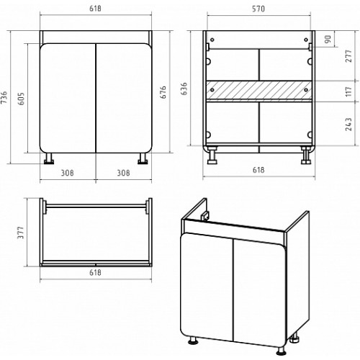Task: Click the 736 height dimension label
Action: point(4,98)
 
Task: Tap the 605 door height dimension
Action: point(22,99)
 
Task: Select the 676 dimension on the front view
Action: point(163,92)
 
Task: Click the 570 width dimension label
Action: point(258,9)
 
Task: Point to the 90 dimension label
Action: point(328,39)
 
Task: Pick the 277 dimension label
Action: point(348,56)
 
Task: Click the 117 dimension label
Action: point(348,91)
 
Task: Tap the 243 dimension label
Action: point(348,125)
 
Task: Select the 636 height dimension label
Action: point(184,89)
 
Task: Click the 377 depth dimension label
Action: point(21,233)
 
